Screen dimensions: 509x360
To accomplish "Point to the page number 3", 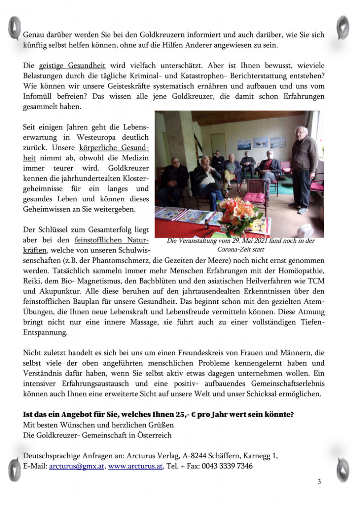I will [x=319, y=481].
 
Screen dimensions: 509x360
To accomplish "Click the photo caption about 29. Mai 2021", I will [x=240, y=244].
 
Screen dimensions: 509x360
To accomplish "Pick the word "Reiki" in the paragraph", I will [x=32, y=282].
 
